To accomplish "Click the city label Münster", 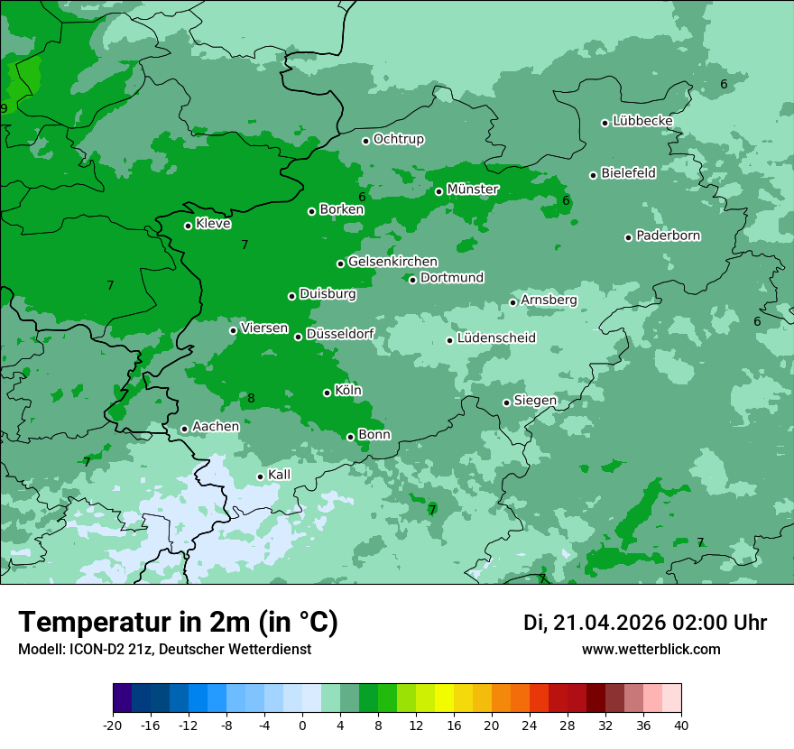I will (473, 190).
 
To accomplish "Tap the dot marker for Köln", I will (327, 393).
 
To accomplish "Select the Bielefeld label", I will (628, 173).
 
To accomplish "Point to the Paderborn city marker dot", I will (628, 237).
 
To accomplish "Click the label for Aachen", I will (216, 427).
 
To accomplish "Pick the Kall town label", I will (279, 475).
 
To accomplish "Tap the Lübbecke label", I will (642, 121).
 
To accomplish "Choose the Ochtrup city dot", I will (365, 141).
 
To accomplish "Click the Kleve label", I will (213, 224).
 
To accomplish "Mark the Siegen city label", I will (535, 401).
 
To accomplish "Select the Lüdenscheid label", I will (496, 338).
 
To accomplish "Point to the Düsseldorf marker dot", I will (298, 337).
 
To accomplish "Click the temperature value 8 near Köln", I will (251, 399).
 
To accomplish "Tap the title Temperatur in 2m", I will (178, 623).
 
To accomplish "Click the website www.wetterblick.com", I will (651, 650).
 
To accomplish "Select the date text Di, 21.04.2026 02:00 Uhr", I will (644, 623).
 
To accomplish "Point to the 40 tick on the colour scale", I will (680, 726).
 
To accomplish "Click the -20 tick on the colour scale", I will (113, 726).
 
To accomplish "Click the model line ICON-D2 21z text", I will (164, 650).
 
